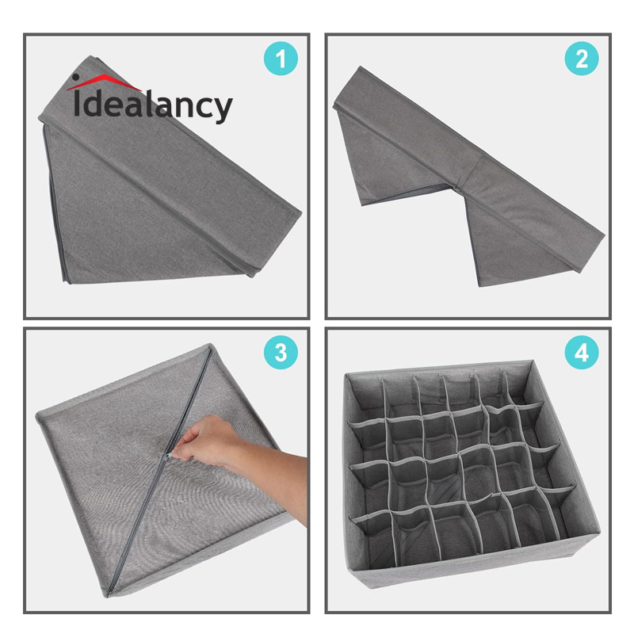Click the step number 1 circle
pos(281,59)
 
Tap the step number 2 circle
pos(582,59)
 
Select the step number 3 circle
pos(281,352)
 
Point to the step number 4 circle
pos(582,352)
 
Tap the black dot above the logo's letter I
pos(75,77)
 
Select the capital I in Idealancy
pos(77,103)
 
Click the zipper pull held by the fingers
pos(169,456)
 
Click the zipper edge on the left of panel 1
pos(56,202)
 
